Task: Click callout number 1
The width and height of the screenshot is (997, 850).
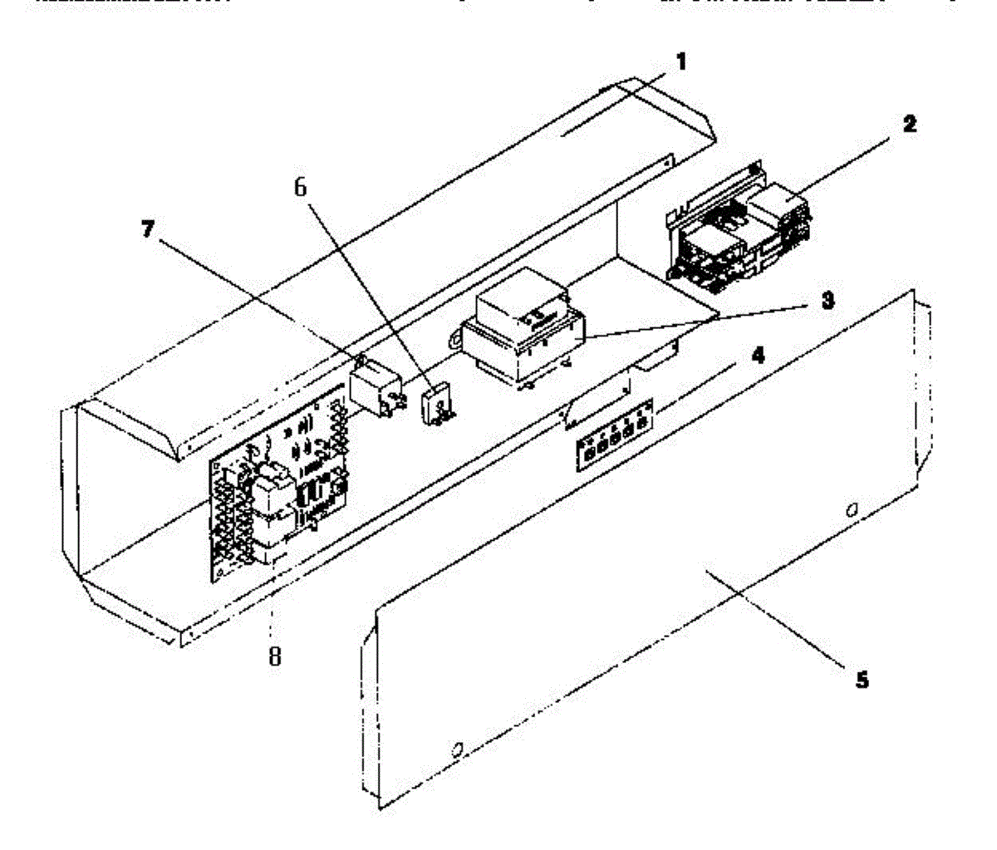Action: click(681, 61)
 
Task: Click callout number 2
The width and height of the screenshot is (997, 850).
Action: click(910, 125)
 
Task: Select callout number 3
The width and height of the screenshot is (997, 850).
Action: click(828, 302)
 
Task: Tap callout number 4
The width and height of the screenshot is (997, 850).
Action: click(758, 355)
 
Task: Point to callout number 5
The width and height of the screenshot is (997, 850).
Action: click(862, 680)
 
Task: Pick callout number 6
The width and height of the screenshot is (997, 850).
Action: click(300, 188)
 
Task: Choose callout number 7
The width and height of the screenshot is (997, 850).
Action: click(147, 230)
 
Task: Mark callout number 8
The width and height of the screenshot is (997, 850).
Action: click(274, 656)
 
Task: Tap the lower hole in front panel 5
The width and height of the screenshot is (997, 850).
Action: click(456, 751)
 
